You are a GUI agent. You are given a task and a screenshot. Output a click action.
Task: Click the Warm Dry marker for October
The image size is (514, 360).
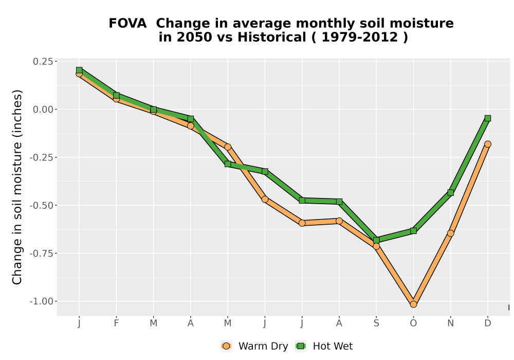413,304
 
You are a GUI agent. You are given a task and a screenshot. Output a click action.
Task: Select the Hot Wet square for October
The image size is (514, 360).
413,231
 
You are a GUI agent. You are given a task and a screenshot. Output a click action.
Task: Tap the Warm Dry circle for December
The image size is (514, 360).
488,145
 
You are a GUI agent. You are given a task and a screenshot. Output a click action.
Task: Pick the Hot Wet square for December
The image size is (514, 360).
488,118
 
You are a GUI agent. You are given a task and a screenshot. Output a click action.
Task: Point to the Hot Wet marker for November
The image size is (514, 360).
450,193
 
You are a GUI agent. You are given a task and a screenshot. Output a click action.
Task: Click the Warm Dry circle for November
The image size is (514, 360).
450,233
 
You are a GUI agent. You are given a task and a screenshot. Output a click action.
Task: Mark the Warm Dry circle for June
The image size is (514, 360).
265,200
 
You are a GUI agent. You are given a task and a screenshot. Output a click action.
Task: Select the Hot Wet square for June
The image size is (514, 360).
265,171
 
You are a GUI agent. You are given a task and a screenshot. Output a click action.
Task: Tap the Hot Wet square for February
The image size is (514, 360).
116,96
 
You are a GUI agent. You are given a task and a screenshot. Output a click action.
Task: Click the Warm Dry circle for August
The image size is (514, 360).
339,221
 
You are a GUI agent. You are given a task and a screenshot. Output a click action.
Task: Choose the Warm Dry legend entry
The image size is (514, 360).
254,346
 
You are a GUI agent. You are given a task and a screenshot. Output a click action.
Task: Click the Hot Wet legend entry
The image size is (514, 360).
324,346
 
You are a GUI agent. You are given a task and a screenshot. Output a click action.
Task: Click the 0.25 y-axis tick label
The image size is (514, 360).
43,62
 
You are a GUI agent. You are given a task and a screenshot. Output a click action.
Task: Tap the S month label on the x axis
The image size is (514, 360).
376,323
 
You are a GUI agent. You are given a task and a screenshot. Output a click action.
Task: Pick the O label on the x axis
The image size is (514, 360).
413,323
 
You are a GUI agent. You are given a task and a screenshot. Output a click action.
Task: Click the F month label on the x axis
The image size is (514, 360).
116,323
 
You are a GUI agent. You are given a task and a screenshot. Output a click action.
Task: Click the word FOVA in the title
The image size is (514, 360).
127,24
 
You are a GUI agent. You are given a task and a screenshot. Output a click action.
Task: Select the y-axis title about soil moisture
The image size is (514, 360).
17,187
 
